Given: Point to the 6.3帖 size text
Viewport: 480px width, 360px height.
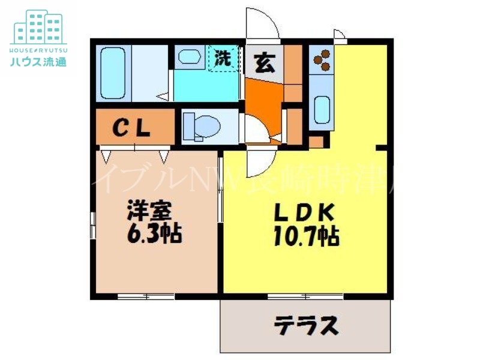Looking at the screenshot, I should tap(154, 233).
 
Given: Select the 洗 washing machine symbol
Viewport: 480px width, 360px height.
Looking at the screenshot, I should tap(223, 59).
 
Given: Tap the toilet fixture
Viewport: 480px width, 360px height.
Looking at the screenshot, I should tap(201, 127).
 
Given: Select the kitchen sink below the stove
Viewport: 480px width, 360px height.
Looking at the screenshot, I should tap(322, 108).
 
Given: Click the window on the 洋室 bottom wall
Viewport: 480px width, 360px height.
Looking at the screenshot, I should tap(145, 296).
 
